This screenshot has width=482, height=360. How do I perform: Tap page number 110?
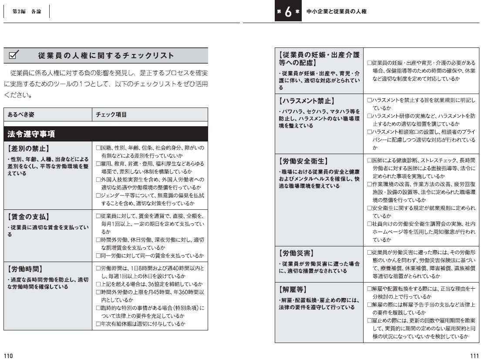(9, 355)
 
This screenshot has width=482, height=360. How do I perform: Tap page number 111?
(474, 355)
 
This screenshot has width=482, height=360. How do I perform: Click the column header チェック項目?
(111, 114)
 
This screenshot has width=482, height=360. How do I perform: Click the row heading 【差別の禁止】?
(28, 148)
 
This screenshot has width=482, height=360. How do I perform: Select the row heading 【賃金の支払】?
(28, 217)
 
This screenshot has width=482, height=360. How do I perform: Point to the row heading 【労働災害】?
(296, 253)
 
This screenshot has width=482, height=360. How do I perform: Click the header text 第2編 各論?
(27, 12)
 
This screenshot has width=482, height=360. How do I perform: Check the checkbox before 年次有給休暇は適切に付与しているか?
(98, 324)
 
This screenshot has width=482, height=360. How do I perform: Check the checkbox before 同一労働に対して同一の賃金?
(98, 256)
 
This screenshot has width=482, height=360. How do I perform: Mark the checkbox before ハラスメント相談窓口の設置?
(370, 132)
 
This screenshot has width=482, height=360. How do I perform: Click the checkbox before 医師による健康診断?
(370, 160)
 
